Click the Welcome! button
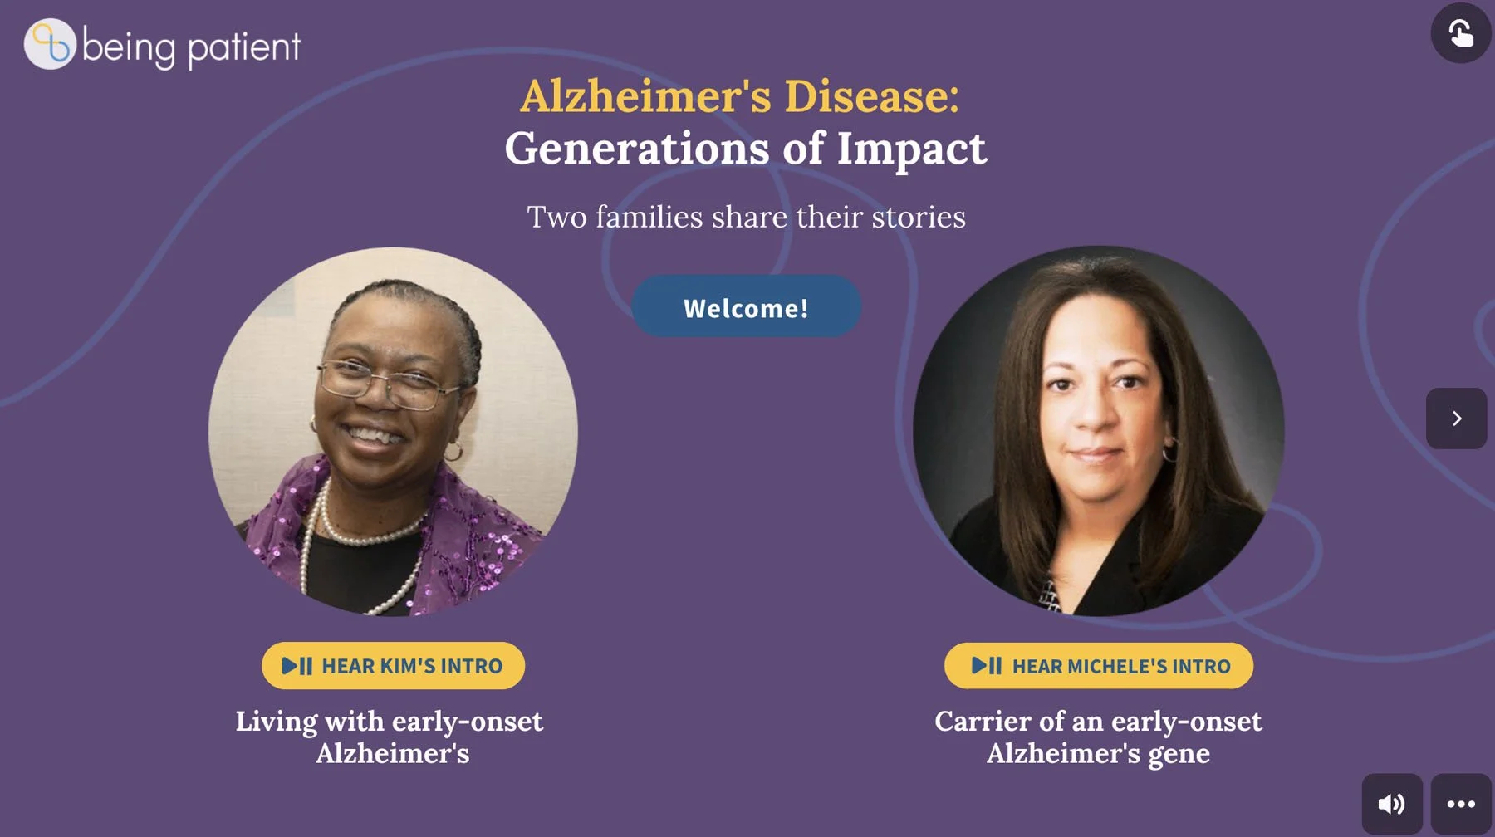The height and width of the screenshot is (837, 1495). coord(746,307)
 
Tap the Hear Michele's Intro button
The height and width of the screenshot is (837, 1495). coord(1098,666)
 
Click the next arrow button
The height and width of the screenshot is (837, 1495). coord(1456,418)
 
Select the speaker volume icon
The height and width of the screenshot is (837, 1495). coord(1391,804)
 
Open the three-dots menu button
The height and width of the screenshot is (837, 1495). coord(1461,804)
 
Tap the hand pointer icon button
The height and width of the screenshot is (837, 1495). coord(1461,33)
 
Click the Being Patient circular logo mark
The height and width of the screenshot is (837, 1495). coord(50,44)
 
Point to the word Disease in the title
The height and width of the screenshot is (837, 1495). coord(871,96)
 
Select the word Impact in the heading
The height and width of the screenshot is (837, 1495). coord(911,149)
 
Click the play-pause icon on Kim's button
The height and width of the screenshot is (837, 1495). coord(297,666)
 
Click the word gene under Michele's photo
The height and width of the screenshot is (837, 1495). coord(1179,753)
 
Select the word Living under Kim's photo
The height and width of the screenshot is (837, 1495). coord(276,721)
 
